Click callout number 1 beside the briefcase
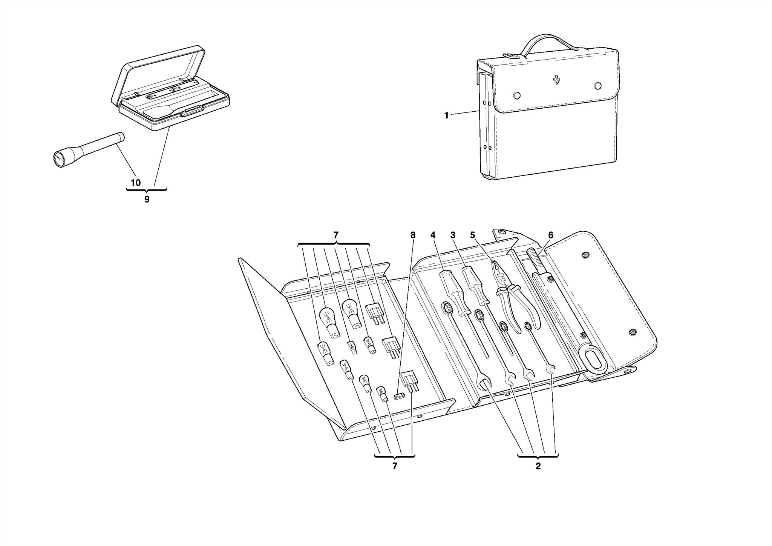coord(446,115)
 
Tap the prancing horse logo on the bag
coord(556,80)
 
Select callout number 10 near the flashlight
coord(136,183)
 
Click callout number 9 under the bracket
coord(147,200)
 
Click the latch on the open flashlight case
coord(192,110)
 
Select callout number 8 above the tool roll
coord(413,235)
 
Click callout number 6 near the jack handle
coord(550,235)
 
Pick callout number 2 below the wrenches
coord(538,466)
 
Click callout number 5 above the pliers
coord(473,235)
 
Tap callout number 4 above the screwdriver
coord(433,235)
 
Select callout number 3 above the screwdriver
coord(453,235)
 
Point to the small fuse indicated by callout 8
coord(399,396)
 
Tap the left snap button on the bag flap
coord(517,95)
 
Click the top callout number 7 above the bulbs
coord(336,235)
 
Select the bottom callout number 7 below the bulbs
coord(395,466)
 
